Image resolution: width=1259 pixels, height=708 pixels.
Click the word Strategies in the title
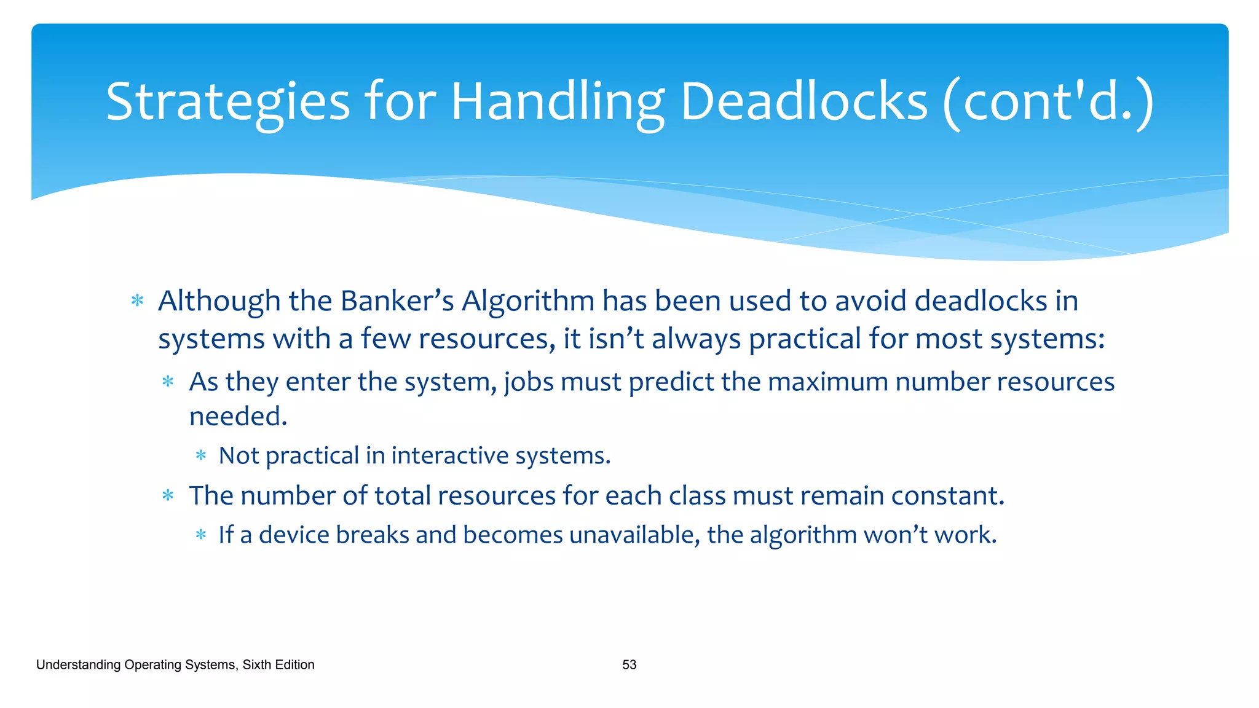point(227,102)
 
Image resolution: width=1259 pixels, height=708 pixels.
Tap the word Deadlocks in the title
point(803,102)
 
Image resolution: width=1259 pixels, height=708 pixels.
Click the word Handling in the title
point(558,102)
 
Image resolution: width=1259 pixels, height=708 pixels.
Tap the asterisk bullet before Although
point(138,301)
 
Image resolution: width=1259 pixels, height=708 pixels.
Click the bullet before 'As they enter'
point(168,382)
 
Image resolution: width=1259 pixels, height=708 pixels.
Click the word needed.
point(238,417)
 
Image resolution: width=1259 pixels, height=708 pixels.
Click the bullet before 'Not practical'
point(201,456)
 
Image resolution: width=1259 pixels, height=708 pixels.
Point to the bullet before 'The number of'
point(168,496)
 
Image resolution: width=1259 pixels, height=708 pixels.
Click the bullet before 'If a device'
point(201,535)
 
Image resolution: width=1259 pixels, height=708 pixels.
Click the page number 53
point(629,665)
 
